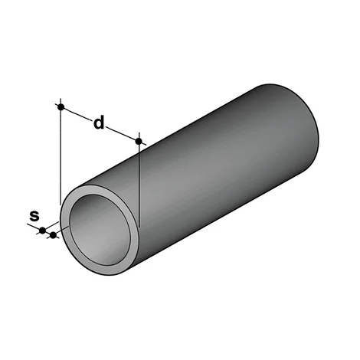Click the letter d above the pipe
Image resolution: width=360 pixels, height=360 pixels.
98,123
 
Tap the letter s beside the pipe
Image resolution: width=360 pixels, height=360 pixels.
34,215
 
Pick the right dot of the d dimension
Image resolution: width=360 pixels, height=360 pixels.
139,141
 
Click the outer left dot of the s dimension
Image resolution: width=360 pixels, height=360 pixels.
43,230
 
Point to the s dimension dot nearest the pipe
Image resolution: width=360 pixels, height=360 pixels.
53,234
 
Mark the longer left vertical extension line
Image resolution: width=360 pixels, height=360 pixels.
60,153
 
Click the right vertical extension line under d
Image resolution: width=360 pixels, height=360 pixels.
139,184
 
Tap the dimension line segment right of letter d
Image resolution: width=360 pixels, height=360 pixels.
123,133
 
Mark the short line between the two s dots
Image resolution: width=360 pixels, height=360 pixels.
47,232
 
